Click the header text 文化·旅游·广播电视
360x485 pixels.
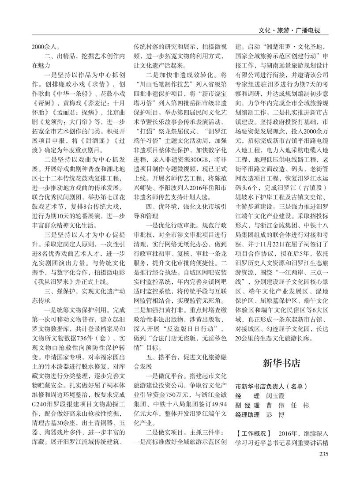point(289,31)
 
